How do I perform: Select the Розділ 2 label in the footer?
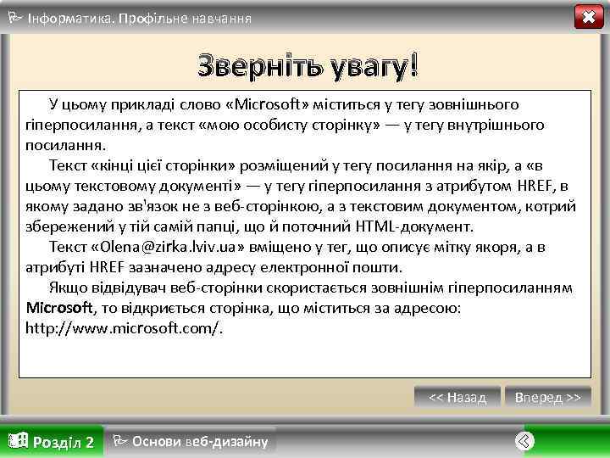63,442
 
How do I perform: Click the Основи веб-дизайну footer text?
200,441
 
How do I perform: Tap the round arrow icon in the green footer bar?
525,441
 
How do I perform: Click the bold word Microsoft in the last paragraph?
58,307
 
